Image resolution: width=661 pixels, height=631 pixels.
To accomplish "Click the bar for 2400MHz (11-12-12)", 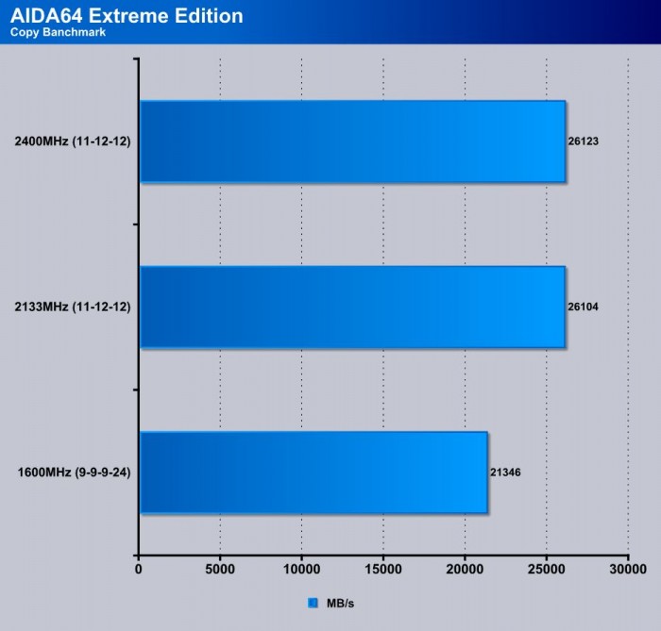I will coord(352,141).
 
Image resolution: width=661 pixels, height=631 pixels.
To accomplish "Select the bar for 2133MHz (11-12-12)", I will coord(352,307).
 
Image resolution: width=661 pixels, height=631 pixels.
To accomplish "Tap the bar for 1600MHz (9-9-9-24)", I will coord(314,472).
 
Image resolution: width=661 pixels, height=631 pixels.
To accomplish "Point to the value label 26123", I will coord(585,141).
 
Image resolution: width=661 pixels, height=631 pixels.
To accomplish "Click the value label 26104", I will coord(585,307).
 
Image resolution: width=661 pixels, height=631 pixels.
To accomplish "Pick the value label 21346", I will coord(506,472).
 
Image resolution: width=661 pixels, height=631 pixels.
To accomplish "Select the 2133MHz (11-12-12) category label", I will coord(73,307).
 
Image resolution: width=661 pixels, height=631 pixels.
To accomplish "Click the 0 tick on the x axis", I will coord(139,570).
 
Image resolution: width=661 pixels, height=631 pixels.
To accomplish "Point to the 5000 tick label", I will coord(220,570).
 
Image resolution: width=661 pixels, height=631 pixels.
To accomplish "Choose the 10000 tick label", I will coord(301,570).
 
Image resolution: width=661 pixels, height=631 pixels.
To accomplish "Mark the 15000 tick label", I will coord(383,570).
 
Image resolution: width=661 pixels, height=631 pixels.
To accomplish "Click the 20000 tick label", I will coord(465,570).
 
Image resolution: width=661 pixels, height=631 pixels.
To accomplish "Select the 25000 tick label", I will coord(546,570).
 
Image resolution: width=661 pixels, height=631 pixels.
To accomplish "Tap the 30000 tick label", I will coord(627,570).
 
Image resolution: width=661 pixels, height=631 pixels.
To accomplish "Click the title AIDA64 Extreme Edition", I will coord(127,16).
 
